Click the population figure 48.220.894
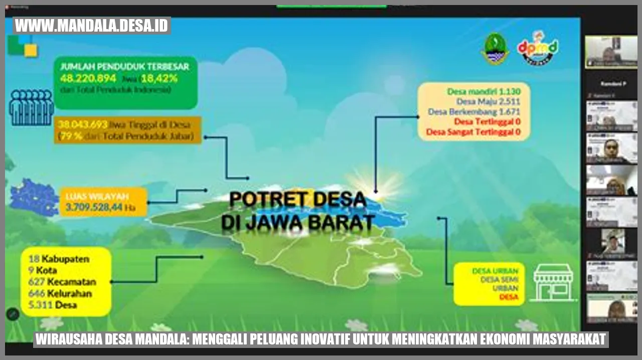(x=88, y=78)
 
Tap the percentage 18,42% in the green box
(x=159, y=78)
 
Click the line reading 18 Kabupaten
(x=59, y=259)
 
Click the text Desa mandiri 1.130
(x=484, y=91)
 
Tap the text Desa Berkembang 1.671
(x=474, y=112)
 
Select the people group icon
(x=31, y=107)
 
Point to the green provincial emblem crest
(x=495, y=49)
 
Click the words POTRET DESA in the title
(x=297, y=199)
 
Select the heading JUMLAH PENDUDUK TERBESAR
(x=124, y=66)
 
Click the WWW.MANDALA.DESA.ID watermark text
(x=92, y=26)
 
